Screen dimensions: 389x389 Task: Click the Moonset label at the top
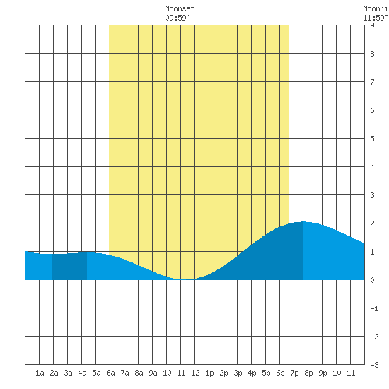point(180,9)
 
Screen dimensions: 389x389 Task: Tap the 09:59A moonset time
point(178,18)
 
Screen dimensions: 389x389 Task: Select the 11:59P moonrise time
point(376,18)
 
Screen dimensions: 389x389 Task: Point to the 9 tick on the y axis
point(372,25)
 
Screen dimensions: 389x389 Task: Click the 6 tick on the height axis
point(372,110)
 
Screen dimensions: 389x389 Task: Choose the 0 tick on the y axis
point(372,280)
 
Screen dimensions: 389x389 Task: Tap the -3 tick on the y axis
point(374,365)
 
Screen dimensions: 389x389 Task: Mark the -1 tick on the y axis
point(374,308)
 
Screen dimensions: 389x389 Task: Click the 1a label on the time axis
point(40,373)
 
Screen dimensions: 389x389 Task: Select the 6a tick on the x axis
point(110,373)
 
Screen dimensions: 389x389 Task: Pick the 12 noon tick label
point(195,373)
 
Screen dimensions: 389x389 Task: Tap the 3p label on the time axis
point(238,373)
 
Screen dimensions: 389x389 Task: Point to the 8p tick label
point(308,373)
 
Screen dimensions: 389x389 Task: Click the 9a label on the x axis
point(153,373)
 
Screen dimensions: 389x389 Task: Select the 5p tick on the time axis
point(266,373)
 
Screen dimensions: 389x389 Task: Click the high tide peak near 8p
point(303,222)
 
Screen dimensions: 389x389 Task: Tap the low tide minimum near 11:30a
point(187,279)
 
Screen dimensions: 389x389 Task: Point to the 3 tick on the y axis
point(372,195)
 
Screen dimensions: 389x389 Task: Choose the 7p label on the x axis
point(294,373)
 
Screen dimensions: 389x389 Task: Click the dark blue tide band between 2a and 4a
point(69,267)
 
